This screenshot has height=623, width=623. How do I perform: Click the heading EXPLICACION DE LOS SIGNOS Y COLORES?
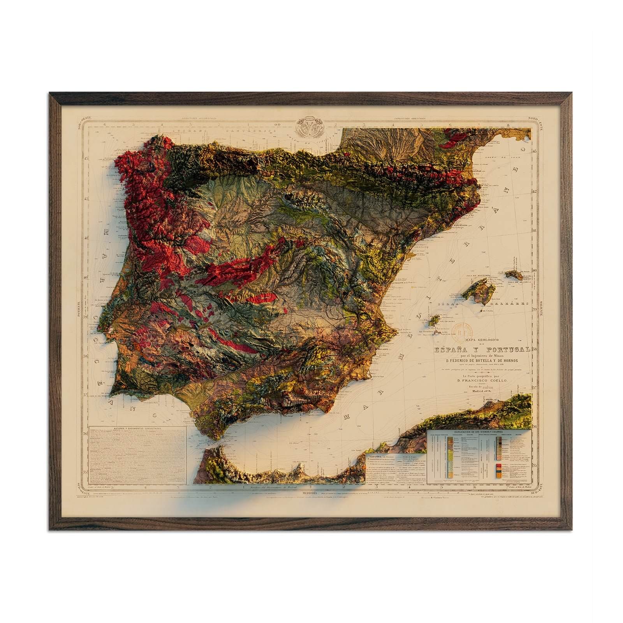click(479, 432)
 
